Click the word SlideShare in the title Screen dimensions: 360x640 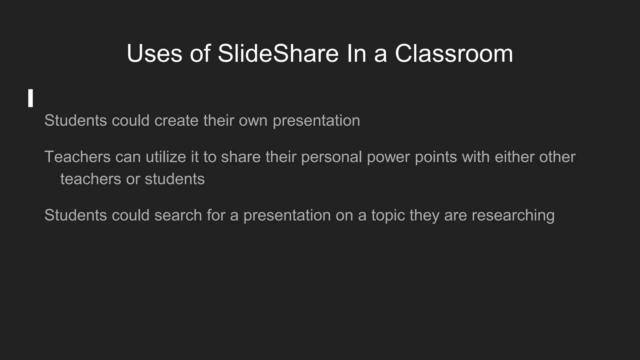278,53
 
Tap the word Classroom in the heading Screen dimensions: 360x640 454,53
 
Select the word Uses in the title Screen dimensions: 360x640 154,53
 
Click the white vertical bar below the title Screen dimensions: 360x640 30,98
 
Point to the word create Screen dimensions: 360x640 176,121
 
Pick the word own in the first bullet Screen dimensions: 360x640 253,121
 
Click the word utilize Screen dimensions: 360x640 166,157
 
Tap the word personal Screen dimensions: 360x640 332,157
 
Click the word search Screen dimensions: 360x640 178,215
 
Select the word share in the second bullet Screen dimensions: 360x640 241,157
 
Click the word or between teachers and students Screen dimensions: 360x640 133,179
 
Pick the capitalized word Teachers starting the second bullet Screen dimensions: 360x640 77,157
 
